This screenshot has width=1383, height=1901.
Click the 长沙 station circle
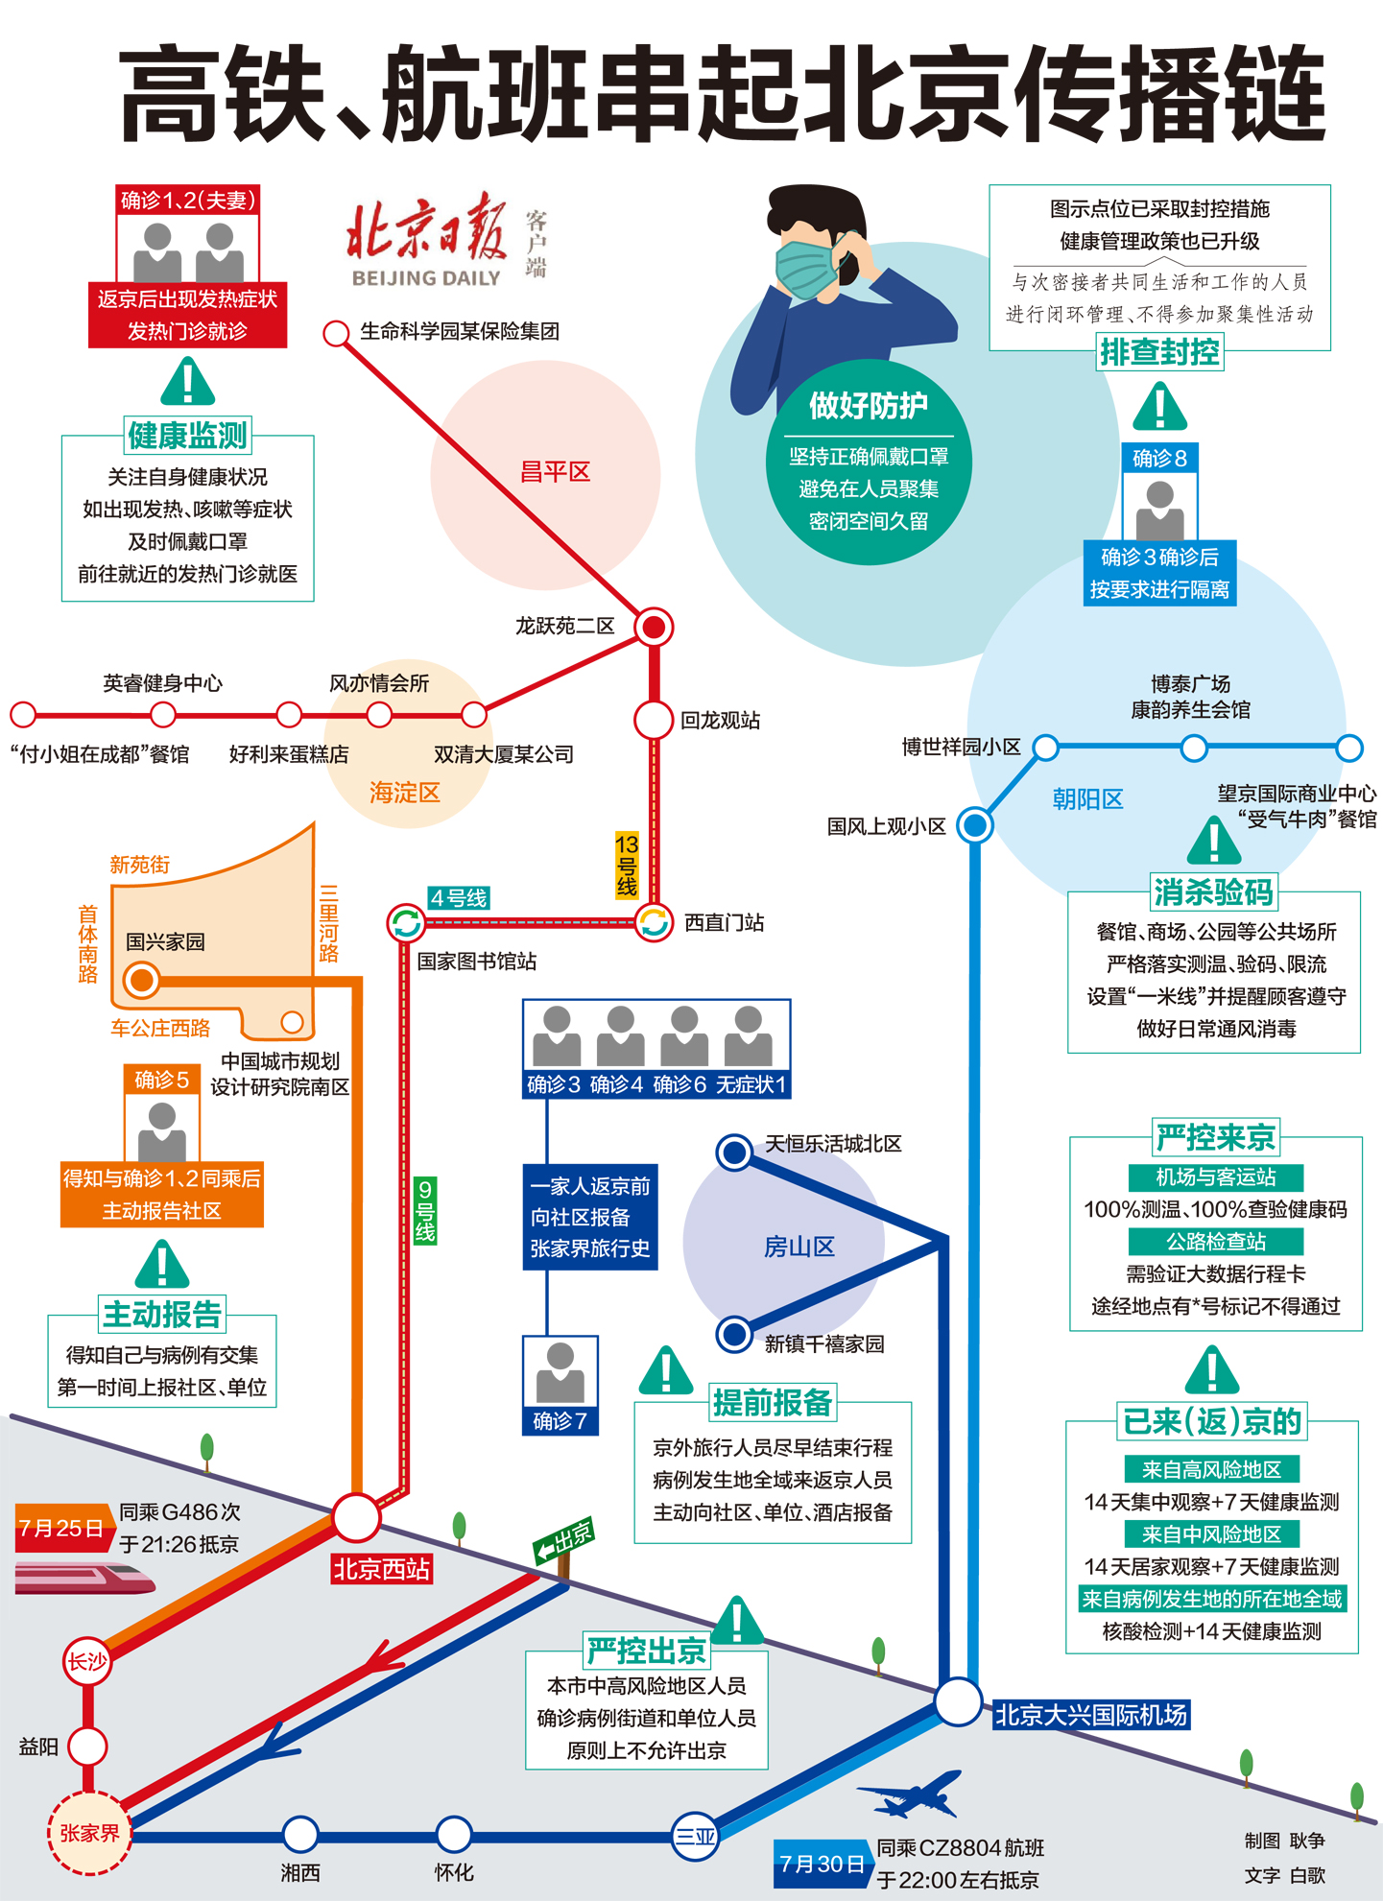[87, 1661]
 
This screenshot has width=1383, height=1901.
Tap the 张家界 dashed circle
[89, 1833]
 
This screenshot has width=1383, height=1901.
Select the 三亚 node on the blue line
[695, 1837]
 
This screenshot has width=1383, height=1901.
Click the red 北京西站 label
[381, 1569]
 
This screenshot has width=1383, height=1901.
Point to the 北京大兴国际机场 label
[1091, 1715]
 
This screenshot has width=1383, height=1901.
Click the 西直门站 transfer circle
[654, 923]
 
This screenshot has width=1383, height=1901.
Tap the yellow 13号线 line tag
[627, 866]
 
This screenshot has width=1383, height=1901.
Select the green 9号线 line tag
[425, 1211]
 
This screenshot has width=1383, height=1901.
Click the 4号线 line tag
[459, 898]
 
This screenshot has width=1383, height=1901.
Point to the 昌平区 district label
[555, 472]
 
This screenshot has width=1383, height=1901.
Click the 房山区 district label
[799, 1247]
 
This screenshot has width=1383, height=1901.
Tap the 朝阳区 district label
[1087, 799]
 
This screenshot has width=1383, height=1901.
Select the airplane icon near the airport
[909, 1794]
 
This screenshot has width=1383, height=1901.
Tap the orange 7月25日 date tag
[61, 1527]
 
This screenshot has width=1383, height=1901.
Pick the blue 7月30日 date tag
[822, 1864]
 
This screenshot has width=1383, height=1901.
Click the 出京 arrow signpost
[564, 1541]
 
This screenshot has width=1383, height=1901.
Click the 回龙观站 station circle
[654, 720]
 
